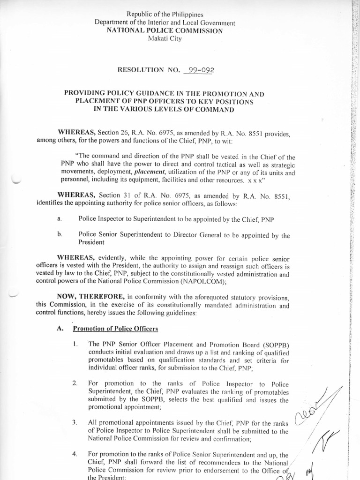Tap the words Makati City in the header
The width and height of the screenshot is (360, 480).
[x=165, y=39]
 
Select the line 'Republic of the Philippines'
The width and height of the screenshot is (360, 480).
[x=165, y=15]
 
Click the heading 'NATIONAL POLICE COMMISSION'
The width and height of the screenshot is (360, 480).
[x=165, y=31]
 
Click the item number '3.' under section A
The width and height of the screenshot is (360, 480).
[x=75, y=422]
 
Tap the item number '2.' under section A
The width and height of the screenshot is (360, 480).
[x=75, y=383]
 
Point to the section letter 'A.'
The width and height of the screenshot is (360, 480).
[x=60, y=328]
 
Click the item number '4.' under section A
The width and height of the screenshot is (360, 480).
[x=75, y=454]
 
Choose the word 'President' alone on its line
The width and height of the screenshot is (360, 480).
[x=91, y=243]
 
